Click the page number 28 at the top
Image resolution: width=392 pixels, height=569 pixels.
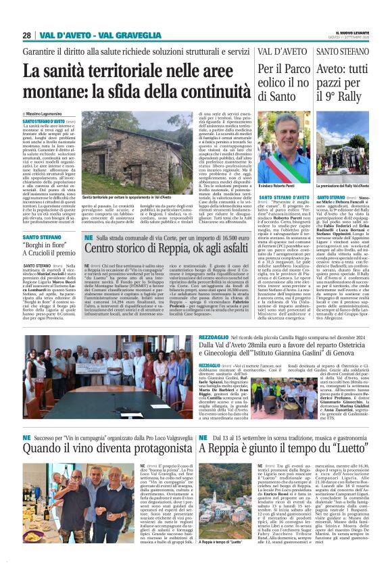click(26, 35)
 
